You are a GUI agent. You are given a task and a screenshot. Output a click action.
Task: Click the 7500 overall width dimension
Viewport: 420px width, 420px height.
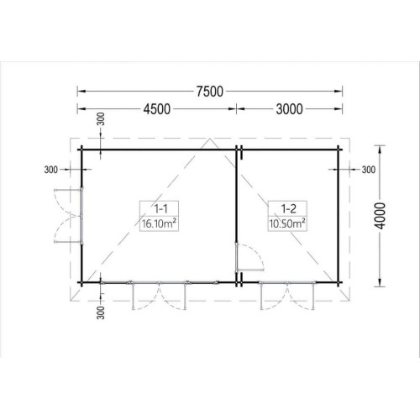pyautogui.click(x=210, y=92)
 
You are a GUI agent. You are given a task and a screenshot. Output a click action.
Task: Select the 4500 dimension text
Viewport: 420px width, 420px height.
pyautogui.click(x=157, y=109)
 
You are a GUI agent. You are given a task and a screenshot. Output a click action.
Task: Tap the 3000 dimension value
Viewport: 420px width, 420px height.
pyautogui.click(x=289, y=109)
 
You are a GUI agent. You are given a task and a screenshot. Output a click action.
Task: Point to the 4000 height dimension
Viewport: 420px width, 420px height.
pyautogui.click(x=380, y=216)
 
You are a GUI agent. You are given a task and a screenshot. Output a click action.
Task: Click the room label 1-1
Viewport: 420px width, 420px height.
pyautogui.click(x=161, y=208)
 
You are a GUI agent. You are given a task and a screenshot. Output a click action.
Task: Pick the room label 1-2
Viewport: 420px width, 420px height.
pyautogui.click(x=288, y=208)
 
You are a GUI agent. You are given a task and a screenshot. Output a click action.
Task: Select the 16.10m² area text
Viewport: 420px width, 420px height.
pyautogui.click(x=159, y=223)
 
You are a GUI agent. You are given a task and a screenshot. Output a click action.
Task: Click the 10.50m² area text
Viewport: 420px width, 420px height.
pyautogui.click(x=287, y=223)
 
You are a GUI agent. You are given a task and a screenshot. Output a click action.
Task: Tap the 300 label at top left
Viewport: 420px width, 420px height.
pyautogui.click(x=102, y=119)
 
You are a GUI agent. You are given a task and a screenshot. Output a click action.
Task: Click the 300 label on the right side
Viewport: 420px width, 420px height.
pyautogui.click(x=369, y=170)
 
